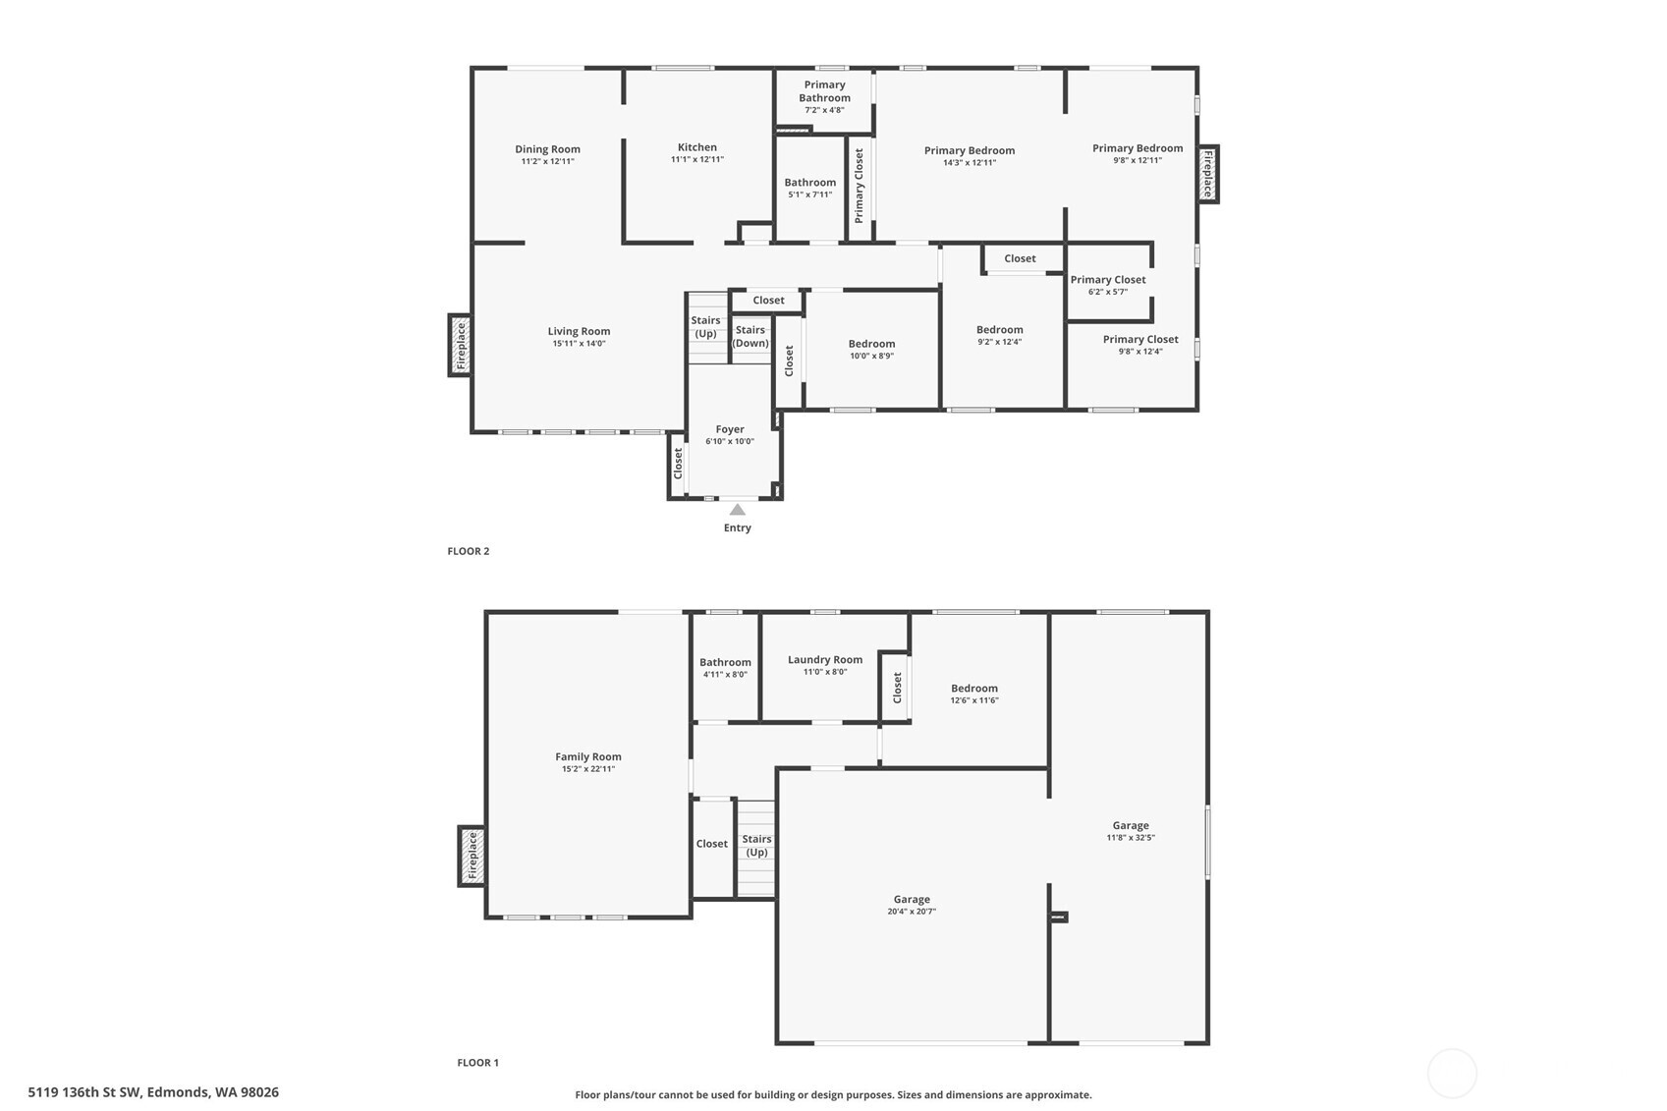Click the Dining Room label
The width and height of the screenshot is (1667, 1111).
coord(547,149)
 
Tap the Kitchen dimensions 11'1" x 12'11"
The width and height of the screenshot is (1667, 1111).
coord(696,159)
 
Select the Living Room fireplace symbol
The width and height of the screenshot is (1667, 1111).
coord(460,345)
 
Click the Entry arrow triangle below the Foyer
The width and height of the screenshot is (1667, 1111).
coord(737,509)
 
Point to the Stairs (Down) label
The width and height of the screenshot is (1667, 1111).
coord(750,336)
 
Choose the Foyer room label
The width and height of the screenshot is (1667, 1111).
coord(729,429)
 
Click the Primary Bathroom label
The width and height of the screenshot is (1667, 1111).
coord(824,91)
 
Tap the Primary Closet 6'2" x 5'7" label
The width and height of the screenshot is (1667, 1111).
coord(1107,285)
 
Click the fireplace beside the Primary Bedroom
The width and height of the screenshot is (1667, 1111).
coord(1208,174)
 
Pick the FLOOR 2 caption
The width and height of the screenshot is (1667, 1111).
coord(468,551)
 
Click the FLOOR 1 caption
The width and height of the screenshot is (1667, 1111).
coord(477,1062)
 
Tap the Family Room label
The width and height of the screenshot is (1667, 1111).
coord(587,756)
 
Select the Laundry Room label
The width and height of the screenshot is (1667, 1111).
coord(824,660)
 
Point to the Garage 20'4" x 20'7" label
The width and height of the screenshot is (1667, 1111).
coord(911,905)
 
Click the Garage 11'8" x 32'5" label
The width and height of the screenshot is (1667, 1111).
coord(1130,831)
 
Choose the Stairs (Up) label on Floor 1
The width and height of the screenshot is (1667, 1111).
coord(755,845)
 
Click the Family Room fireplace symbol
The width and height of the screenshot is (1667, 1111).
coord(472,856)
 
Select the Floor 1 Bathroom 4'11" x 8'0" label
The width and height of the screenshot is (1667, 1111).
coord(725,668)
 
